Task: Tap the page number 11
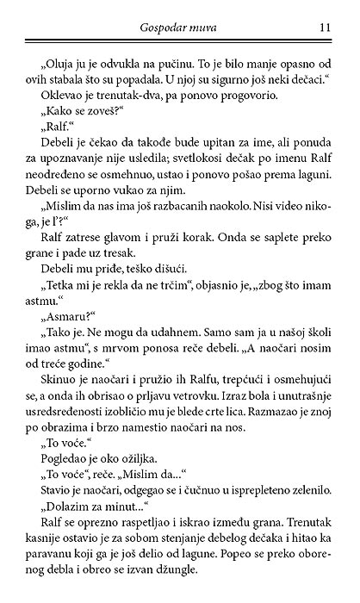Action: point(324,28)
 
